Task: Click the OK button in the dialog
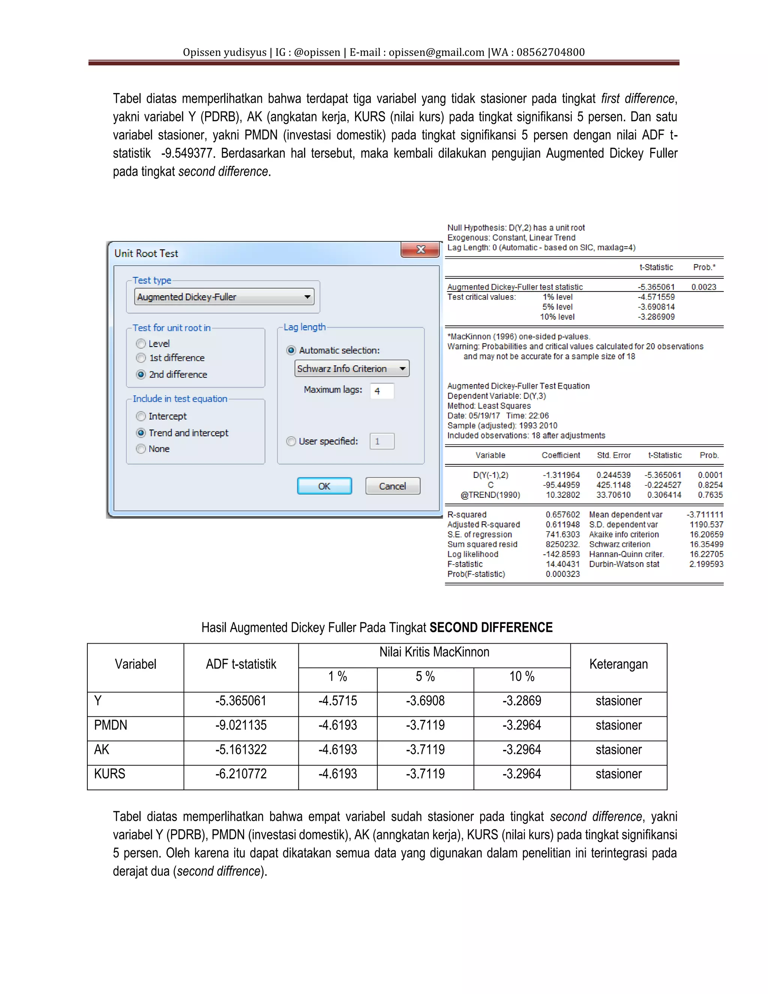click(x=324, y=486)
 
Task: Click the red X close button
click(x=420, y=249)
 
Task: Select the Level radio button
click(x=141, y=344)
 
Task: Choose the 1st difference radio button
click(x=141, y=358)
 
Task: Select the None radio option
click(x=141, y=449)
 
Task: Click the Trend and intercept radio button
click(x=141, y=432)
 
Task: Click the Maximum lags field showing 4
click(x=382, y=390)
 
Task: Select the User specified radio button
click(x=291, y=441)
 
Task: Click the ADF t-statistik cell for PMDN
click(x=241, y=725)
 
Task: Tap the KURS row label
click(x=109, y=774)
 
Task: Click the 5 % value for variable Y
click(x=425, y=700)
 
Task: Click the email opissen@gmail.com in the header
click(x=436, y=53)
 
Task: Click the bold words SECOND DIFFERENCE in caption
click(x=490, y=627)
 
